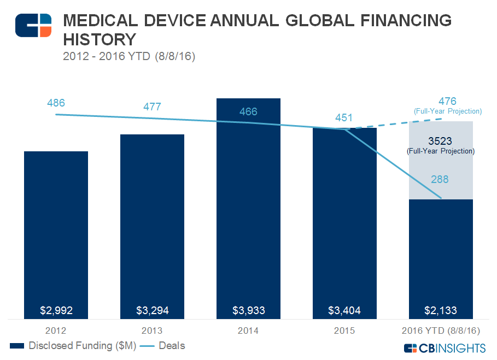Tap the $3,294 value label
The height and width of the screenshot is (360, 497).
152,311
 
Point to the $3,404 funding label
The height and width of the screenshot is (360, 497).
344,311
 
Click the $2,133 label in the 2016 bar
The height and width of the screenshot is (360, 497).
441,311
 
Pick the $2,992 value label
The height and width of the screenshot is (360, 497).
56,311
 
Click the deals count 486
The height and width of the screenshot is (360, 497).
56,103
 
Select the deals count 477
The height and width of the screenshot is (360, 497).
152,107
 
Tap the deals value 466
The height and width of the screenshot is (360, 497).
248,112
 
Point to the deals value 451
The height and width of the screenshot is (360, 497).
344,117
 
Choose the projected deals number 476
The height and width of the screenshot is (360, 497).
447,102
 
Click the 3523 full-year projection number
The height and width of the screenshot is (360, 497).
440,141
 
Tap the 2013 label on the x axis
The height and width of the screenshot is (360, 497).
152,331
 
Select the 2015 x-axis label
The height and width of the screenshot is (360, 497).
344,331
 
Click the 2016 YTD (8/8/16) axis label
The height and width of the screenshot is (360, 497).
441,331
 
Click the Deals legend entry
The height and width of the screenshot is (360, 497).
172,346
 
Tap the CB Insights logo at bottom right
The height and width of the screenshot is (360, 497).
444,348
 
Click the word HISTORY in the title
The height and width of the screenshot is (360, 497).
100,40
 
